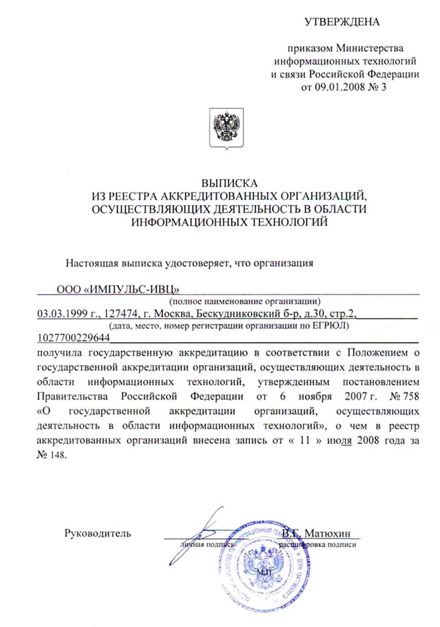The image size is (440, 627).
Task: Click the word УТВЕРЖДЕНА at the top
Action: tap(342, 21)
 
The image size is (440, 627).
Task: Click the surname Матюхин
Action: tap(332, 533)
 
